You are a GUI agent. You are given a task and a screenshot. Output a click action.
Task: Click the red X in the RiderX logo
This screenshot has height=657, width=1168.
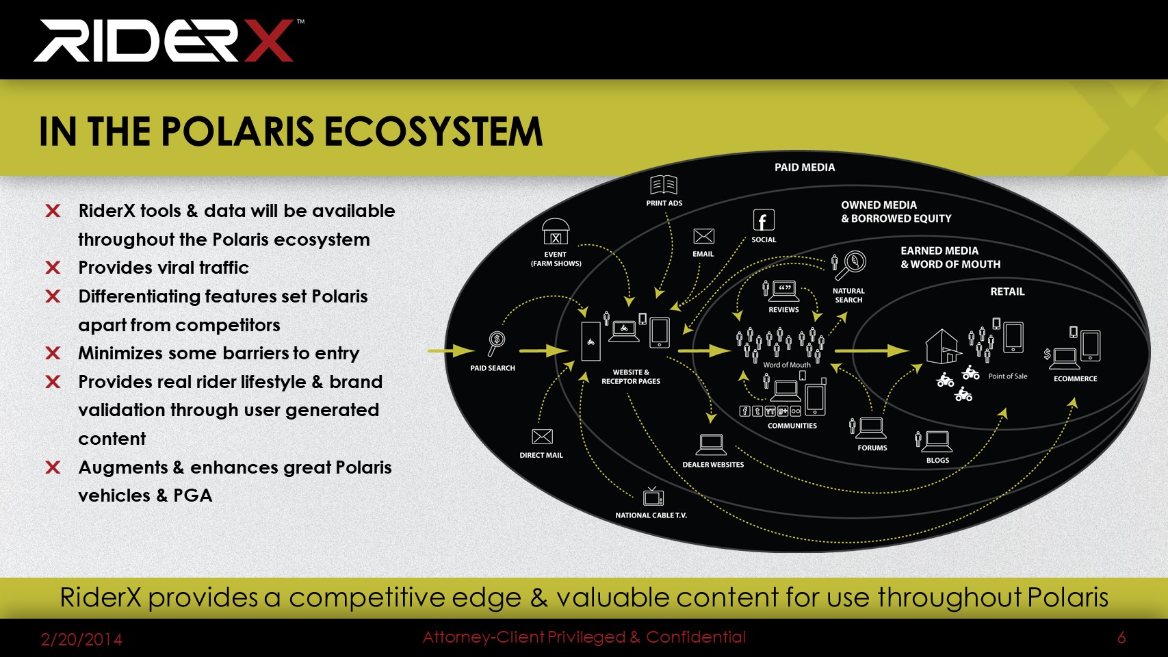(269, 40)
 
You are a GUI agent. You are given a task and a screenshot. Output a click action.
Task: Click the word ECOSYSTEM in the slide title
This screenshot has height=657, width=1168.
(433, 131)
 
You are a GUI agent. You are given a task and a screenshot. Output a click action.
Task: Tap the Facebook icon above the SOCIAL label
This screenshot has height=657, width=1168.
(764, 220)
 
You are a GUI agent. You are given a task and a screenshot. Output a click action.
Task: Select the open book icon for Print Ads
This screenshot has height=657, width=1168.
(663, 185)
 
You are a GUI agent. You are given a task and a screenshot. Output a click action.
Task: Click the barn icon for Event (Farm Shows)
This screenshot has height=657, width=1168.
(556, 231)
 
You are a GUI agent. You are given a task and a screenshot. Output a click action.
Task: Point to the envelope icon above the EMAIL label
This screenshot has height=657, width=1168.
(703, 236)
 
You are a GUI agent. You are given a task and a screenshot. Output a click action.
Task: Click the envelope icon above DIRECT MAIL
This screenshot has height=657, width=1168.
(542, 437)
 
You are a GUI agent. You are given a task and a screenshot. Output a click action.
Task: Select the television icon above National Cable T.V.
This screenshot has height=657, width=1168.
(653, 496)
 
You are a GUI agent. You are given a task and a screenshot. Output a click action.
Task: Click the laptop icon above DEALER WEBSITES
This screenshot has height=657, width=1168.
(711, 445)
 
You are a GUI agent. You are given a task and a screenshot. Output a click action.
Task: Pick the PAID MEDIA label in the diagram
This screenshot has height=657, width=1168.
(805, 168)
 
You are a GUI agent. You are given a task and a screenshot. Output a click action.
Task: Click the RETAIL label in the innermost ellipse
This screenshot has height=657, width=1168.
(1007, 292)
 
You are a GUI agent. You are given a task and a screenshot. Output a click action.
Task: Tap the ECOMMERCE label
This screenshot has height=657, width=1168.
(1075, 378)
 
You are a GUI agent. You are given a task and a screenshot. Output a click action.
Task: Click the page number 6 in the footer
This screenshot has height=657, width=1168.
(1121, 638)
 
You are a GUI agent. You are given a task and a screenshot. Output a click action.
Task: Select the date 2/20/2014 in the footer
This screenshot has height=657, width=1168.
(81, 639)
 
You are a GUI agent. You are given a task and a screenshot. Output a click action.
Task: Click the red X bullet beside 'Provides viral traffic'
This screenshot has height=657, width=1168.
(53, 268)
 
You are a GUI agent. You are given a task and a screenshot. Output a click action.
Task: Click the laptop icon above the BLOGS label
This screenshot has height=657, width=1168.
(937, 441)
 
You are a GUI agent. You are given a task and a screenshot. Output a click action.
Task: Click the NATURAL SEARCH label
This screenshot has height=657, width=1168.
(848, 295)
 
